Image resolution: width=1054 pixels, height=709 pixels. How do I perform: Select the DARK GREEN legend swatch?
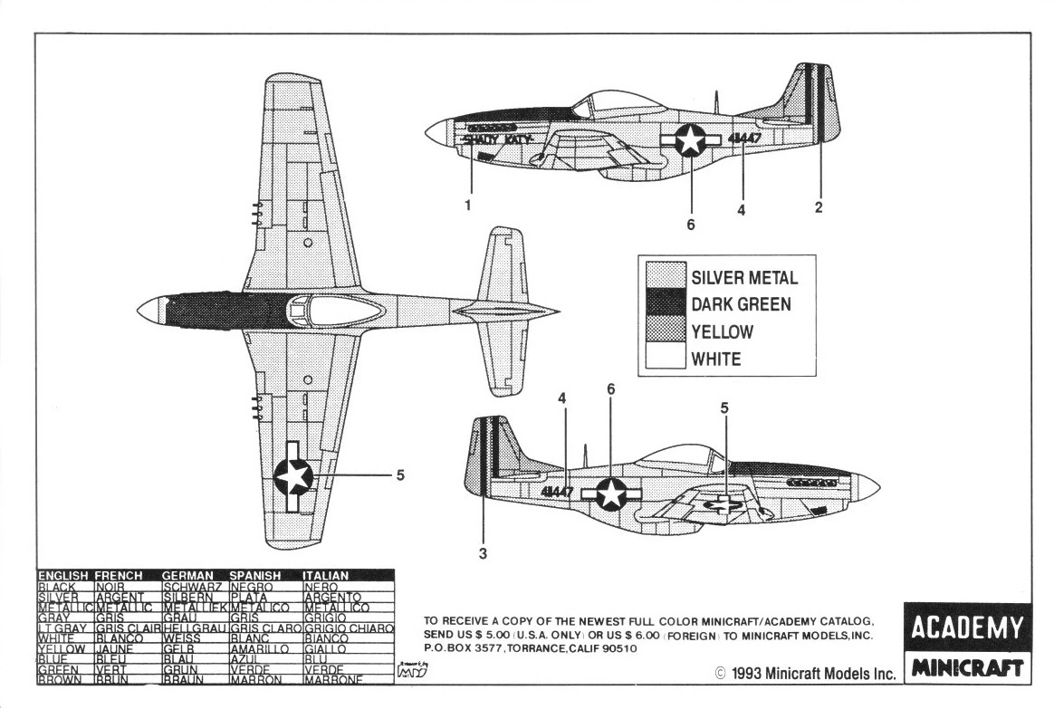pyautogui.click(x=666, y=304)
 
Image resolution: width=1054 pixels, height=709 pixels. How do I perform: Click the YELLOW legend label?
pyautogui.click(x=722, y=332)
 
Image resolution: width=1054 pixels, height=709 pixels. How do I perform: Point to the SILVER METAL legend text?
pyautogui.click(x=744, y=278)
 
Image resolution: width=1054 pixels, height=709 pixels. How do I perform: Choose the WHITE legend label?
pyautogui.click(x=716, y=359)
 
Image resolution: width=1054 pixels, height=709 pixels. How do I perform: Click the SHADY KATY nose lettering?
pyautogui.click(x=495, y=139)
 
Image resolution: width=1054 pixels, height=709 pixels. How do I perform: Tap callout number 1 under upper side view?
pyautogui.click(x=468, y=206)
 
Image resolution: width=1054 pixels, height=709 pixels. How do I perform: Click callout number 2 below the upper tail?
pyautogui.click(x=819, y=207)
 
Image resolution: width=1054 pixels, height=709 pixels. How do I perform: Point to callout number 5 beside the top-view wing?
pyautogui.click(x=399, y=474)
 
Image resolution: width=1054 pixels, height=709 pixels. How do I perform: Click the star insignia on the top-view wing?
pyautogui.click(x=293, y=475)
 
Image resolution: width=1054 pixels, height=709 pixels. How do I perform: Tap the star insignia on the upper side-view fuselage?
pyautogui.click(x=690, y=139)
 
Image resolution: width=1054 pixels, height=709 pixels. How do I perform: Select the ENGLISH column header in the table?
pyautogui.click(x=63, y=575)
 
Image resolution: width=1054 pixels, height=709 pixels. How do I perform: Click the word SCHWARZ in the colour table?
pyautogui.click(x=193, y=587)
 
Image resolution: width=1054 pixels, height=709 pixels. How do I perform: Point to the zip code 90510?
pyautogui.click(x=618, y=648)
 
